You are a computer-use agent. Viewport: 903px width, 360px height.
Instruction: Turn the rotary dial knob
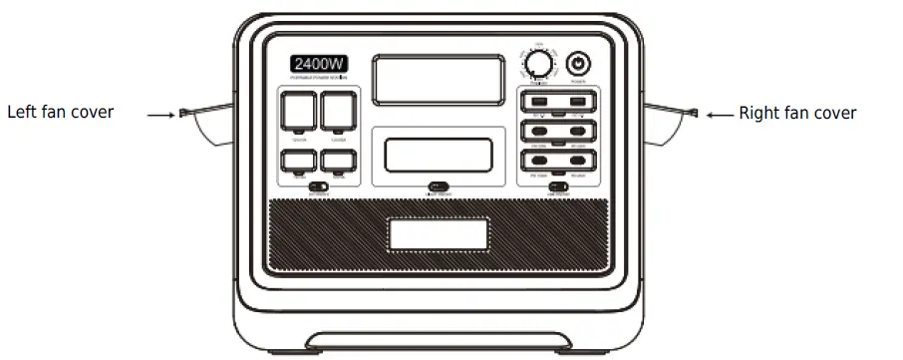click(539, 64)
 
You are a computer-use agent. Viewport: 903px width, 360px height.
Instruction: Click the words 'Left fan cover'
click(60, 112)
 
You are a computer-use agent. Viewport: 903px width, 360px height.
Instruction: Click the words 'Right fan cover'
click(797, 114)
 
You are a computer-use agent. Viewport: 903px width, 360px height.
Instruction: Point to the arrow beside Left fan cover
click(160, 115)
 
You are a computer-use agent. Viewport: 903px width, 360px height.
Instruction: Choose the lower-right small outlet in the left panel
click(337, 161)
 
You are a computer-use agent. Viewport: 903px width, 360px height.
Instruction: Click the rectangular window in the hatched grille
click(438, 234)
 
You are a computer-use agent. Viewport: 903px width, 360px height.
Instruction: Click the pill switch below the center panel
click(438, 186)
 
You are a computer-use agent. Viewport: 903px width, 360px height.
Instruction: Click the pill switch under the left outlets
click(318, 186)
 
